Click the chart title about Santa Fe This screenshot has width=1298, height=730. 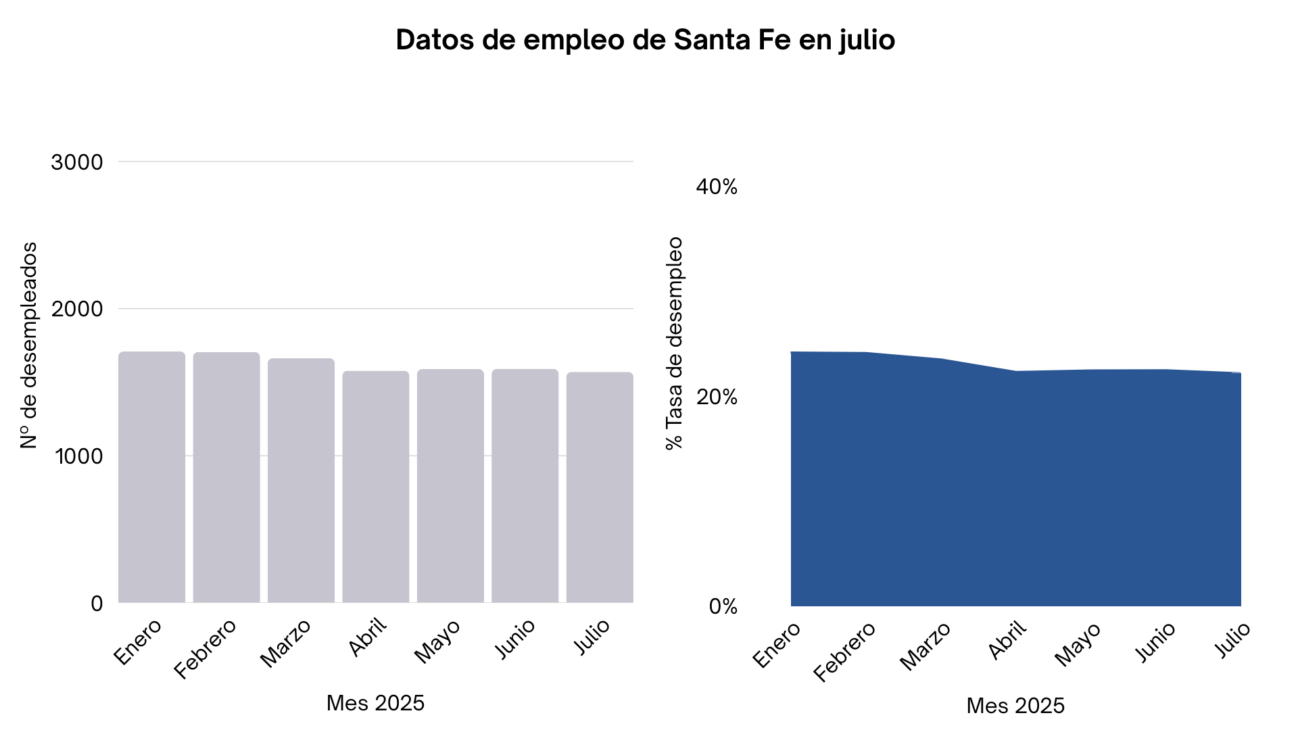coord(645,40)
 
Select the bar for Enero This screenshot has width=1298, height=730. coord(151,477)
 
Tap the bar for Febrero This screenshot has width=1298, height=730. coord(226,477)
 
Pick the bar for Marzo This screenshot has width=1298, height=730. coord(301,480)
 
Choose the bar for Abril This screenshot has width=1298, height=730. coord(375,487)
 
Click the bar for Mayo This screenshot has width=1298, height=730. coord(450,485)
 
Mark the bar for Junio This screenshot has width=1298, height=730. coord(525,485)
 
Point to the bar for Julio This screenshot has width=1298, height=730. coord(600,487)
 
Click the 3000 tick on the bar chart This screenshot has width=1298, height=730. coord(77,162)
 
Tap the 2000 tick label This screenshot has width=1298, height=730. coord(77,310)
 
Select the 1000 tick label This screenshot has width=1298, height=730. coord(79,457)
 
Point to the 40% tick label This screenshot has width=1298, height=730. coord(717,187)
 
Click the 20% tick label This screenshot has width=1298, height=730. coord(717,397)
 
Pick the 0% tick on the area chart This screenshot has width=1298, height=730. coord(723,607)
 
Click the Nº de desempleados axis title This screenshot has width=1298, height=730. coord(28,345)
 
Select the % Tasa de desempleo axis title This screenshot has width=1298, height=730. coord(674,343)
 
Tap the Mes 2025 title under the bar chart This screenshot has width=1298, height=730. coord(375,703)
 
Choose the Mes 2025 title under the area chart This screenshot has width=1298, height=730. coord(1015,706)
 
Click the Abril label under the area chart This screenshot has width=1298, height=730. coord(1007,639)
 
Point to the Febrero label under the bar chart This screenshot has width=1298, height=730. coord(205,648)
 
